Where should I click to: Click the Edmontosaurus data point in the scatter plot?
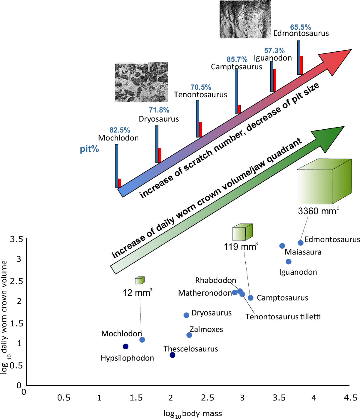(x=301, y=243)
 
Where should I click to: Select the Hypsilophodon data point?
(x=126, y=347)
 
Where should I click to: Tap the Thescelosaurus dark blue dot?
(x=172, y=355)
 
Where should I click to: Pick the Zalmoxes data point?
(x=189, y=335)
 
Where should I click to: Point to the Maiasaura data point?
(x=282, y=246)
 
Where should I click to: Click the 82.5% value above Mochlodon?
(x=120, y=130)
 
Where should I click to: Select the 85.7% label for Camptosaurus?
(x=237, y=59)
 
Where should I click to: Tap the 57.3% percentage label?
(x=274, y=51)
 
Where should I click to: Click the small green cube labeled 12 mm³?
(x=139, y=280)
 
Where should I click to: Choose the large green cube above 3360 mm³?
(x=324, y=182)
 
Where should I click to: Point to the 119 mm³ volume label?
(x=241, y=247)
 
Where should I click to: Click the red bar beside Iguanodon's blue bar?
(x=274, y=80)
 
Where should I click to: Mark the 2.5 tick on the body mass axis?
(x=208, y=398)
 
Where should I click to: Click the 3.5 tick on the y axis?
(x=16, y=239)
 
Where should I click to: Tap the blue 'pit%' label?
(x=89, y=149)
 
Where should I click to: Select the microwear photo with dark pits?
(x=141, y=82)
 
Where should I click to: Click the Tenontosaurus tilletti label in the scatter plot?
(x=283, y=317)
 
